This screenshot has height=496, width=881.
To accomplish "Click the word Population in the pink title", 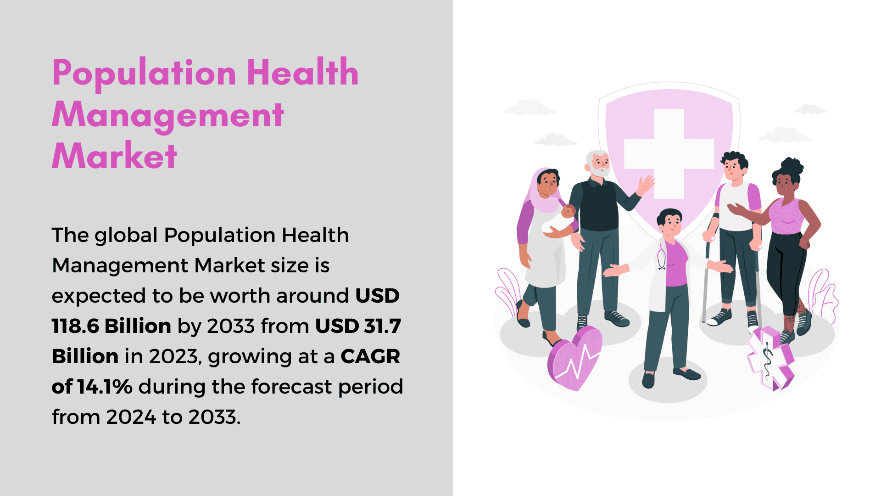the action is coord(144,73).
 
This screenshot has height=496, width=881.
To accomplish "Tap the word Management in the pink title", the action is coord(168,115).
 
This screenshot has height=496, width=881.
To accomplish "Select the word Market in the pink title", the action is coord(114,156).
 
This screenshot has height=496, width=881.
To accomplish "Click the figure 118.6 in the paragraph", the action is coord(75,326).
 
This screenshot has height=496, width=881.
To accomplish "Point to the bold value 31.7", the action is coord(383,326).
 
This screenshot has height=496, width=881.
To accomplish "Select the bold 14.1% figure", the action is coord(105,387).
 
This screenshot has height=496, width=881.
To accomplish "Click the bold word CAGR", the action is coord(370,356).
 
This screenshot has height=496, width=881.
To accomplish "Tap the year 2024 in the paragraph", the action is coord(131,417).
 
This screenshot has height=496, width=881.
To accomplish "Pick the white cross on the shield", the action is coord(669,153).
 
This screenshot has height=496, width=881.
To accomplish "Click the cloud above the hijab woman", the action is coord(530,107).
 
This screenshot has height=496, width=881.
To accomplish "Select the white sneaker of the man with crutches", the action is coord(719,317).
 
